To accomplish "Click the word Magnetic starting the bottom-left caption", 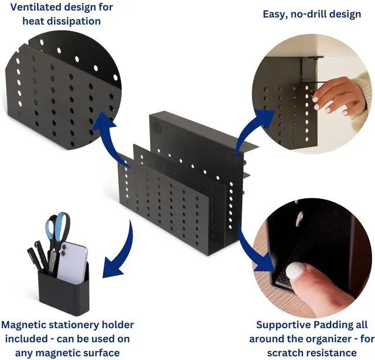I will point(28,324).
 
